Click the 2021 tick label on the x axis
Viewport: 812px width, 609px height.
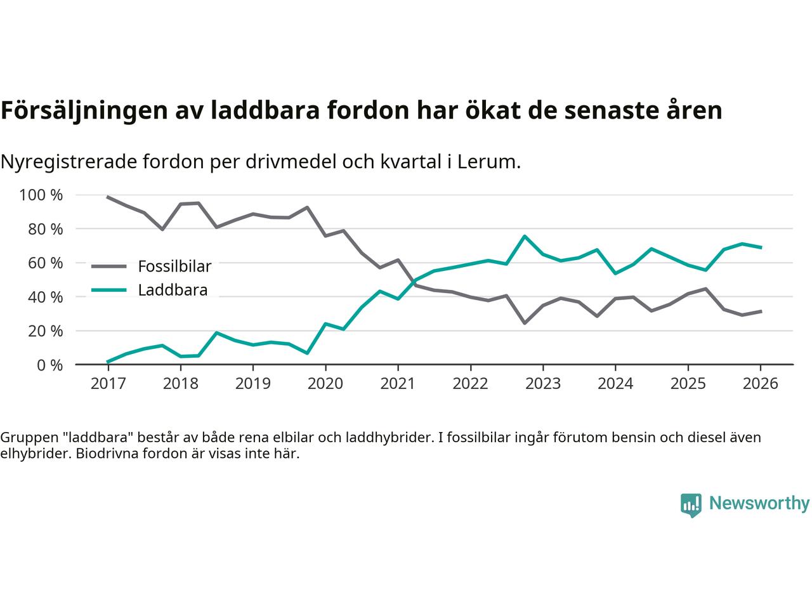[398, 384]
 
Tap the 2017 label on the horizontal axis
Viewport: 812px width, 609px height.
[108, 384]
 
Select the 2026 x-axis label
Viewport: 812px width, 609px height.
[760, 384]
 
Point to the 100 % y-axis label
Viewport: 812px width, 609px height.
[42, 195]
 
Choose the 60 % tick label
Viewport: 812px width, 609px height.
[45, 263]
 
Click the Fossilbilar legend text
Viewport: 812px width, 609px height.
[174, 266]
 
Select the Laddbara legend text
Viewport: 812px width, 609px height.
[173, 291]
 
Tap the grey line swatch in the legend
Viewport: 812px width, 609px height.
[110, 266]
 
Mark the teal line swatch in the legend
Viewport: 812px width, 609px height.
[110, 291]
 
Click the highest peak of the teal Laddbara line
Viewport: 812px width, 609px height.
[525, 236]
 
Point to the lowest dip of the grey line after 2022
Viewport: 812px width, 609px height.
[525, 323]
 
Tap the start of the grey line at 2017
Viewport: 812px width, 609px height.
[108, 197]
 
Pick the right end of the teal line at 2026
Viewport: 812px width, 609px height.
[761, 247]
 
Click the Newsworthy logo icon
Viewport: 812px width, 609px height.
[691, 505]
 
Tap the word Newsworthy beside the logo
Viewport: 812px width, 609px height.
[759, 504]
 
